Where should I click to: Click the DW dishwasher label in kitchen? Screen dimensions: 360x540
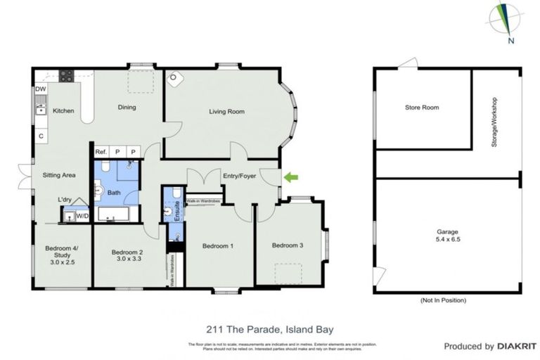coord(40,89)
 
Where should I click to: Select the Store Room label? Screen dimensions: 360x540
coord(421,108)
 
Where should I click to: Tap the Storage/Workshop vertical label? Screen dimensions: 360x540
coord(494,122)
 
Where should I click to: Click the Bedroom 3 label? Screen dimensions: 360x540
coord(288,245)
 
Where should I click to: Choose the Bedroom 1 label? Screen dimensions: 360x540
coord(218,246)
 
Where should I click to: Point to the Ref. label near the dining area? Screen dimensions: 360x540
coord(101,151)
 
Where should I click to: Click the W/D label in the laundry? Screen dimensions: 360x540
coord(82,216)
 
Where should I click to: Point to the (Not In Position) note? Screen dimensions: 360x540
coord(443,300)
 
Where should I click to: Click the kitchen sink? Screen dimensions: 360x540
coord(41,110)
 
